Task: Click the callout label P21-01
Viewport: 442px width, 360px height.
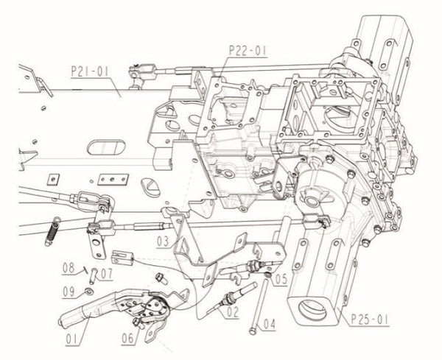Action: (x=91, y=72)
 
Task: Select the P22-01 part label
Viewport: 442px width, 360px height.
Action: (x=247, y=51)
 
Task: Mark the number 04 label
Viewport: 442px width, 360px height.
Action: (x=267, y=322)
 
